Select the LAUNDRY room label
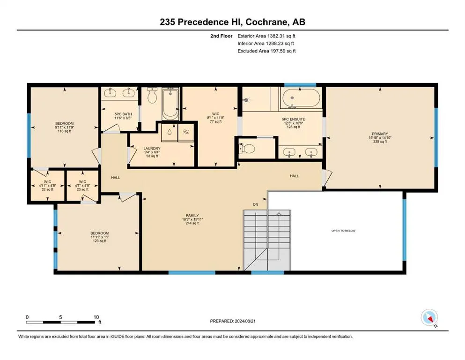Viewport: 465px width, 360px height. pyautogui.click(x=152, y=152)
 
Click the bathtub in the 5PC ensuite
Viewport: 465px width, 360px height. pyautogui.click(x=301, y=99)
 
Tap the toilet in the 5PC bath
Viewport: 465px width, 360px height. pyautogui.click(x=152, y=97)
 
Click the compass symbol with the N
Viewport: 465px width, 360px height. pyautogui.click(x=429, y=318)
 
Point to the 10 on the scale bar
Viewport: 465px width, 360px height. pyautogui.click(x=96, y=317)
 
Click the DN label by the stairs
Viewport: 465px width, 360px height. pyautogui.click(x=255, y=205)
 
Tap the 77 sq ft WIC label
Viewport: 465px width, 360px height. pyautogui.click(x=215, y=118)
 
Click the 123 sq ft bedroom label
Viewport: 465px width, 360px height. pyautogui.click(x=99, y=237)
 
